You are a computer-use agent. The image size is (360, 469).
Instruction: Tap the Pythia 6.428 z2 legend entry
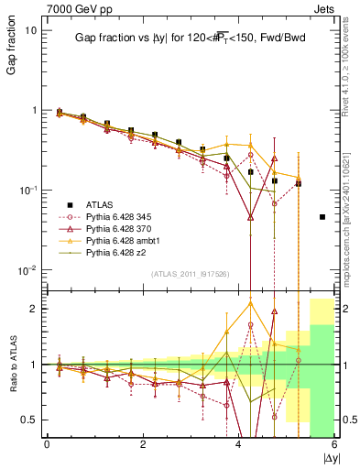[x=118, y=252]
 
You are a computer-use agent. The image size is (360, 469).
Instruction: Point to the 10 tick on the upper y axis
[x=30, y=30]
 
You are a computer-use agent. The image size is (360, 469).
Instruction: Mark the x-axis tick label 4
[x=239, y=443]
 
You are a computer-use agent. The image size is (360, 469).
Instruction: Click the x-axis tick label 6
[x=335, y=443]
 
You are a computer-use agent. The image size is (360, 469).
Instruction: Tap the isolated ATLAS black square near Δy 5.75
[x=322, y=217]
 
